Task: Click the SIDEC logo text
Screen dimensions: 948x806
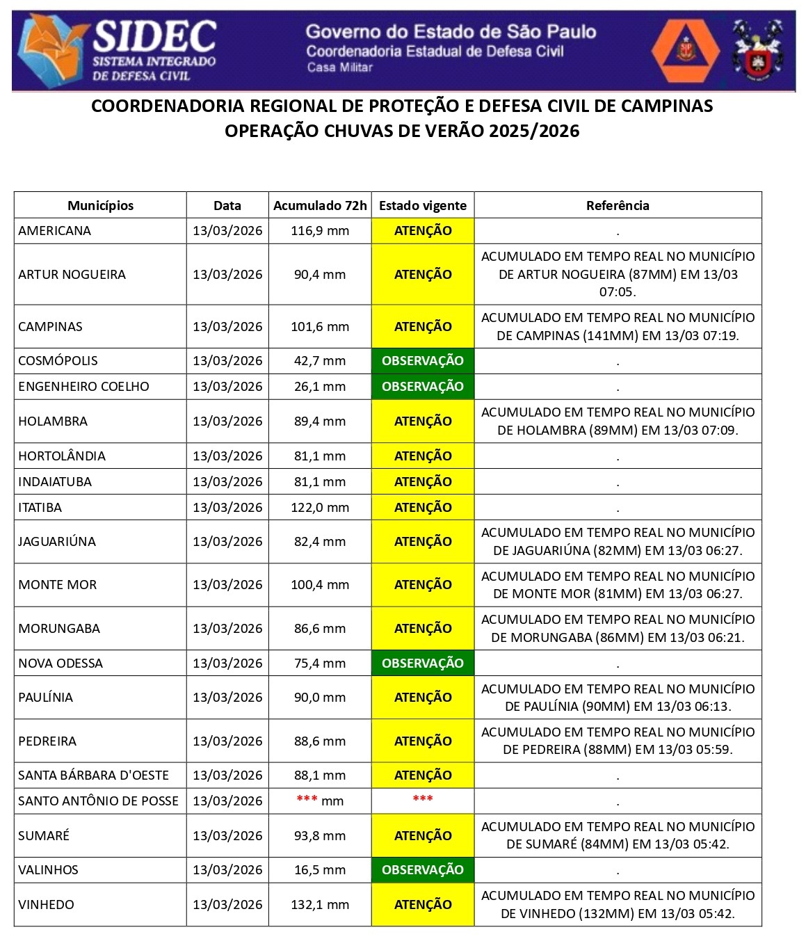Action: (x=154, y=36)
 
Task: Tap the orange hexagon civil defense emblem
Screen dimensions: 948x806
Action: (x=686, y=50)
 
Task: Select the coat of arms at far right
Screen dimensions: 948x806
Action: (x=757, y=50)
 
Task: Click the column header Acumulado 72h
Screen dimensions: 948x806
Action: (x=320, y=205)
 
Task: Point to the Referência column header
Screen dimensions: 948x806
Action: (x=618, y=205)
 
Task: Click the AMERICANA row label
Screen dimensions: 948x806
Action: (x=55, y=231)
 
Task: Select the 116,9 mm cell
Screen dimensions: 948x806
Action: (x=320, y=231)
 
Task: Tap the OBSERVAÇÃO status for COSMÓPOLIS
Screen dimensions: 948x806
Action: (x=423, y=361)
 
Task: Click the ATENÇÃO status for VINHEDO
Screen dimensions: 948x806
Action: (x=423, y=905)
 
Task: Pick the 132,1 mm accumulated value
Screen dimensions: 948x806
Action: (x=320, y=905)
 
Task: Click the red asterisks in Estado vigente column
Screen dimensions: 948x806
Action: (x=423, y=799)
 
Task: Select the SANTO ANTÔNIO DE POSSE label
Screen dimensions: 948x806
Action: (x=98, y=801)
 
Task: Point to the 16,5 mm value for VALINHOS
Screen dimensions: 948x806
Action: (x=320, y=870)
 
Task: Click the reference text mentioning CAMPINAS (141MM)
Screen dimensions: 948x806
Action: (x=618, y=327)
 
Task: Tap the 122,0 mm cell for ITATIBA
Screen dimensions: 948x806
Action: (x=320, y=508)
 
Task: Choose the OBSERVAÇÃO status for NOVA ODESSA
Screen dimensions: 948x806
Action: (x=423, y=664)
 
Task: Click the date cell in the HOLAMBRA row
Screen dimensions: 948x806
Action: (x=227, y=421)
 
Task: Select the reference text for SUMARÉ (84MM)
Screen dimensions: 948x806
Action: (x=618, y=835)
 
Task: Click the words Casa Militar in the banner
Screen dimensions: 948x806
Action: (x=340, y=67)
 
